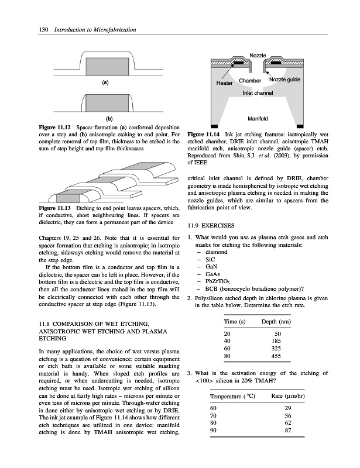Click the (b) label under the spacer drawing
click(105, 119)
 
